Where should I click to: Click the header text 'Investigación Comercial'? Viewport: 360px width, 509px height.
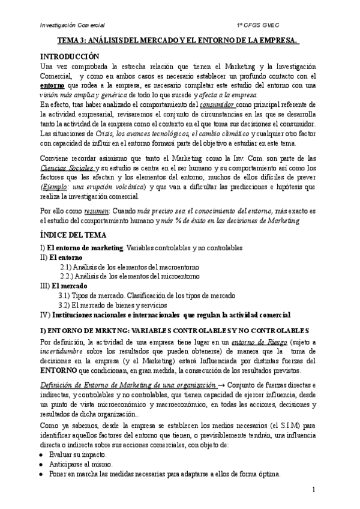click(x=71, y=25)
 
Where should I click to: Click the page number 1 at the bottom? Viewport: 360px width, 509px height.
click(x=313, y=490)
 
